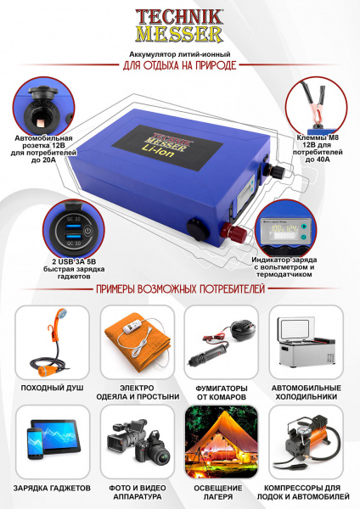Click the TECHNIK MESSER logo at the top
click(x=179, y=26)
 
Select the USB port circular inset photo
click(x=69, y=226)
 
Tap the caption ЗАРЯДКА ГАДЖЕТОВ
click(x=52, y=489)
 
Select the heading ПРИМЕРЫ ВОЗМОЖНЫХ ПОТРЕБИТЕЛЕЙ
click(x=180, y=290)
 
